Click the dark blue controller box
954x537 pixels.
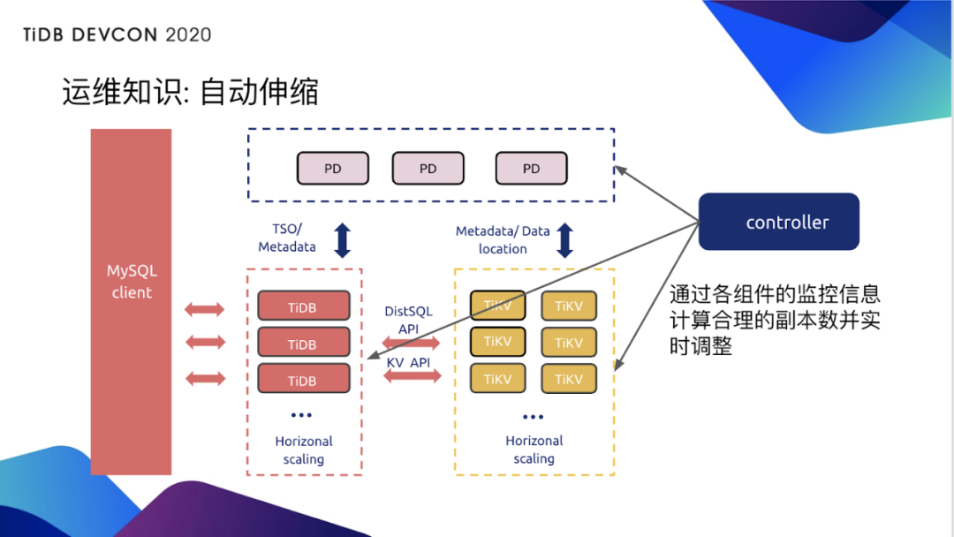[778, 222]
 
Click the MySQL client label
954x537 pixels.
[132, 282]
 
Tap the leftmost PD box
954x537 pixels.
[332, 169]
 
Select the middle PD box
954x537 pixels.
[428, 169]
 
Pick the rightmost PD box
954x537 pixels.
[531, 169]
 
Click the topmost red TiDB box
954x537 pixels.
[303, 306]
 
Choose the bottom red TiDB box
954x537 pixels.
[303, 379]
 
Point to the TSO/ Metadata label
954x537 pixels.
[286, 238]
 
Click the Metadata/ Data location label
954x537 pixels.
[503, 239]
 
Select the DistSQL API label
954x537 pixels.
[408, 320]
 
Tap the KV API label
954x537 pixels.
[408, 362]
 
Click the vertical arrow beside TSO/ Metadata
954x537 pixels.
[343, 239]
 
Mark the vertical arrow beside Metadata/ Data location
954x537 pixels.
[564, 239]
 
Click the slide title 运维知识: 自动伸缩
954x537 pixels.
[190, 92]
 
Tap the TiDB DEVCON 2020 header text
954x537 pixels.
[117, 35]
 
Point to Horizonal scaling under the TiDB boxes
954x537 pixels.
[304, 450]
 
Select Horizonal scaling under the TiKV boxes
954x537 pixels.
[534, 450]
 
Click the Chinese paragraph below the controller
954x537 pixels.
[775, 320]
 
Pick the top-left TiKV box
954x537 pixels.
[497, 306]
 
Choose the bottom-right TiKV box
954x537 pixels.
[569, 379]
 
